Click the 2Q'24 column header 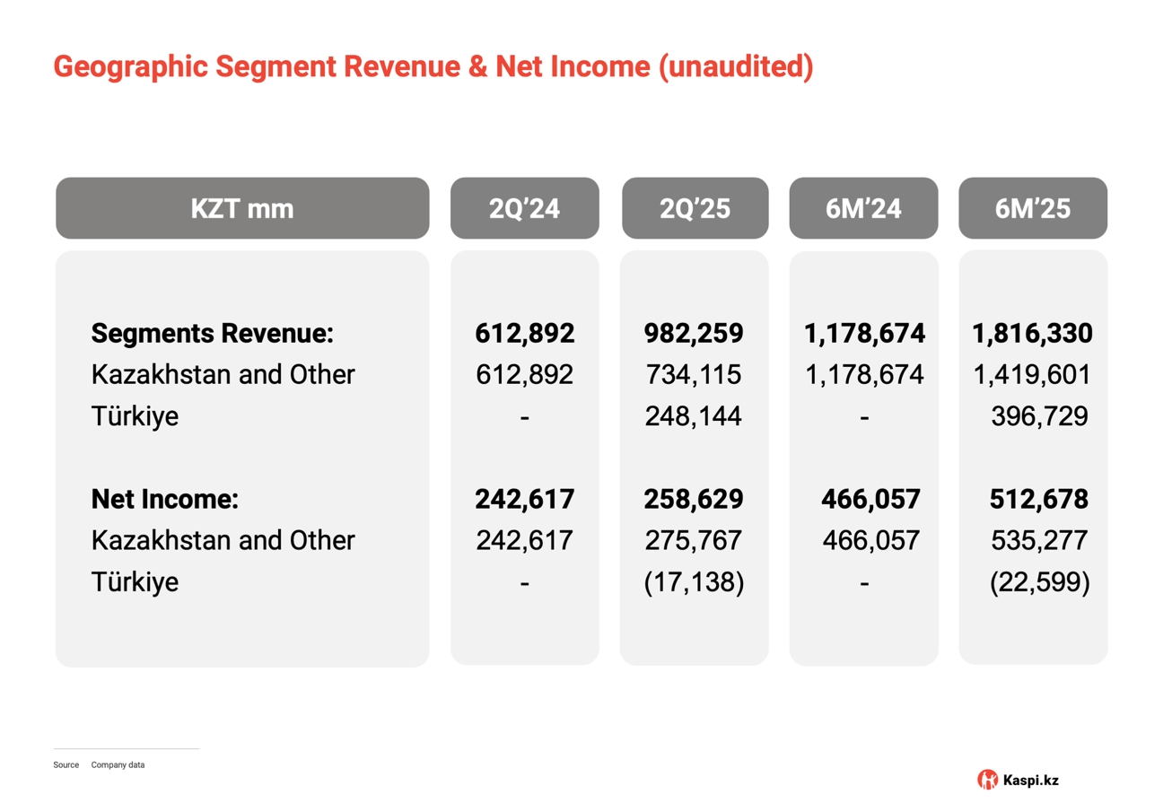524,209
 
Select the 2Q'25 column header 694,209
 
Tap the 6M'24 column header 863,209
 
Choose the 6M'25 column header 1033,209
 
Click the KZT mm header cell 242,209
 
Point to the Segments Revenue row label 213,334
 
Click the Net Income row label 165,499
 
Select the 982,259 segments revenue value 694,334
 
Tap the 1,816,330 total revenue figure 1032,334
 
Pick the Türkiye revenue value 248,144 694,416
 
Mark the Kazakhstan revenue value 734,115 694,374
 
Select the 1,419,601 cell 1032,374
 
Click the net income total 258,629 694,499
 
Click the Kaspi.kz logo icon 987,780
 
